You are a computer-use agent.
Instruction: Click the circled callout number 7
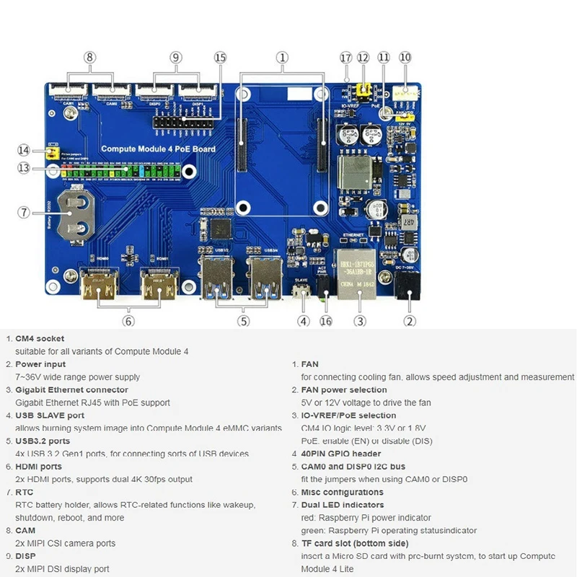coord(24,212)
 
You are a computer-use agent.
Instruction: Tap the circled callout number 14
coord(24,150)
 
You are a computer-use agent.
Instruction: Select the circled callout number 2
coord(410,321)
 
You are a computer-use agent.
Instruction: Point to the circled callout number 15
coord(220,57)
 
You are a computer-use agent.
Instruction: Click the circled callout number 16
coord(326,321)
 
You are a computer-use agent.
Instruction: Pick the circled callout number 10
coord(405,57)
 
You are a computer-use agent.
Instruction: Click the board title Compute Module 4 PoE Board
coord(158,149)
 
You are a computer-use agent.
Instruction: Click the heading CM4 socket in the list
coord(40,338)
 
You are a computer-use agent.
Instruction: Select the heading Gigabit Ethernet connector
coord(71,389)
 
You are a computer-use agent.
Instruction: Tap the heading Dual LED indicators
coord(343,505)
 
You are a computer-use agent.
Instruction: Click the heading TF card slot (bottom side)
coord(355,543)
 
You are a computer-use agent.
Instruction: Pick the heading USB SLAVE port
coord(50,415)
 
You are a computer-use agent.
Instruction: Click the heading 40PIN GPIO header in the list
coord(341,454)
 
